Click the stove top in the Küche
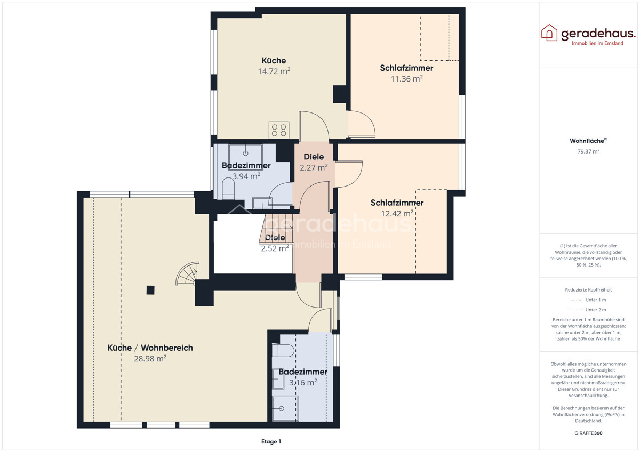tap(279, 130)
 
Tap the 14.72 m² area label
tap(274, 71)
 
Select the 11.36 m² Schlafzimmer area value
tap(406, 78)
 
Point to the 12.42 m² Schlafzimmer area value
tap(397, 213)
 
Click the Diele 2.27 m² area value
tap(314, 167)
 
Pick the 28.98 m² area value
tap(150, 358)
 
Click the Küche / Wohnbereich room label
tap(150, 348)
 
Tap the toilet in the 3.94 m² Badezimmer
tap(228, 189)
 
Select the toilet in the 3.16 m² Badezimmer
tap(283, 351)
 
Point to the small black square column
tap(150, 290)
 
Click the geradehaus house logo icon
tap(549, 33)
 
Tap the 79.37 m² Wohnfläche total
tap(588, 151)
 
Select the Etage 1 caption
tap(271, 441)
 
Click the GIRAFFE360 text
tap(588, 433)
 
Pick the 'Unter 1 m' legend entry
tap(588, 300)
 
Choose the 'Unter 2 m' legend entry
tap(588, 310)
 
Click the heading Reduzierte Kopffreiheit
tap(588, 290)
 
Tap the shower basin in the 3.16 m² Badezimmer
tap(285, 409)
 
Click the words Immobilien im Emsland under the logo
tap(597, 43)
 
